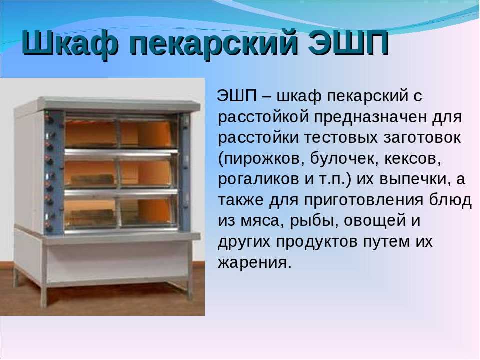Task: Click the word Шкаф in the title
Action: (x=70, y=43)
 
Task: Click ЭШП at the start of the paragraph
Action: (x=237, y=96)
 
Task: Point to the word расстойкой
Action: (x=263, y=117)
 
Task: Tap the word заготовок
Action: (x=422, y=138)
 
